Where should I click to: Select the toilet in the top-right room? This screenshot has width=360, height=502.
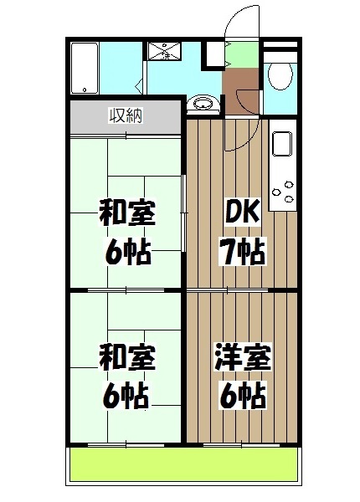tap(280, 76)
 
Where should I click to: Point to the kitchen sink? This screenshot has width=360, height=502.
tap(280, 143)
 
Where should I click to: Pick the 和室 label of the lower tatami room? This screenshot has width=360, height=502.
tap(126, 359)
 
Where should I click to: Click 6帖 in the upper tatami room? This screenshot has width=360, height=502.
tap(127, 250)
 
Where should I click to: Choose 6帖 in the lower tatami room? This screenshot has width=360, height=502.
tap(127, 394)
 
